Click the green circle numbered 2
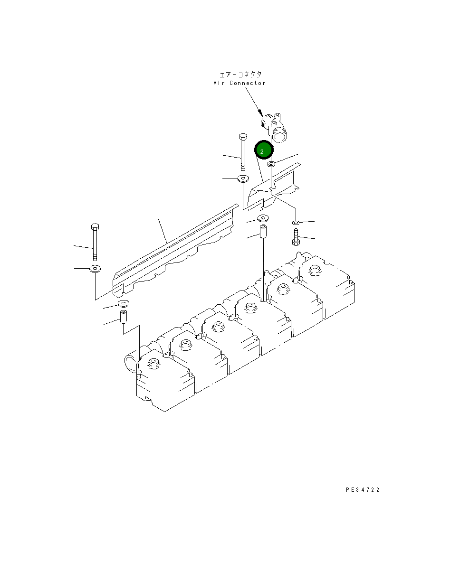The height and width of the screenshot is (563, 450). [x=264, y=150]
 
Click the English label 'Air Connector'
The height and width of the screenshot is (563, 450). [x=239, y=83]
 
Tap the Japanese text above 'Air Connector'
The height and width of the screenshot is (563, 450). [x=240, y=75]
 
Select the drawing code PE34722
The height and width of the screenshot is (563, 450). [x=363, y=489]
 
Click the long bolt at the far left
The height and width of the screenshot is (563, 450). [x=95, y=242]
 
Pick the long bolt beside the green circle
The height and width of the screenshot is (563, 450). [x=243, y=152]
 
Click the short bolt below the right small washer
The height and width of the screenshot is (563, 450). [x=296, y=237]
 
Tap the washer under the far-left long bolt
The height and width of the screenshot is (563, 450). [x=95, y=269]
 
